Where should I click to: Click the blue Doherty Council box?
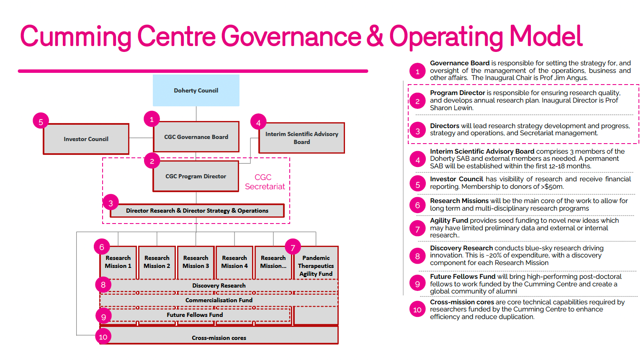point(196,90)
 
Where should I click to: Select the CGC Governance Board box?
point(196,137)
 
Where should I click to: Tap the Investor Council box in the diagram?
point(86,139)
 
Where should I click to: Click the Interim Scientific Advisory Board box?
point(301,138)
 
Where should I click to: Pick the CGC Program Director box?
point(196,176)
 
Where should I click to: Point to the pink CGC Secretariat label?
point(265,182)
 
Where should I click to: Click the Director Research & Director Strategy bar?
point(197,211)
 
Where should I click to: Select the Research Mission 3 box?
point(196,262)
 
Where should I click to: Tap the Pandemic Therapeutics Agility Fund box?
point(316,266)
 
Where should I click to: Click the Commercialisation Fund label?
point(219,300)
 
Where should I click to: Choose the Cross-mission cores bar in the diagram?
point(219,335)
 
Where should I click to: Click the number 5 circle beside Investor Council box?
point(41,122)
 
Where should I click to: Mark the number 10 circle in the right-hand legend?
point(417,310)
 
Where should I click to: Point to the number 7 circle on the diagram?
point(293,247)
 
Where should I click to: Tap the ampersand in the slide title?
point(374,36)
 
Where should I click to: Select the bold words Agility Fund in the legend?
point(449,221)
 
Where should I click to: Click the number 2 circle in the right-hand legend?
point(417,101)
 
